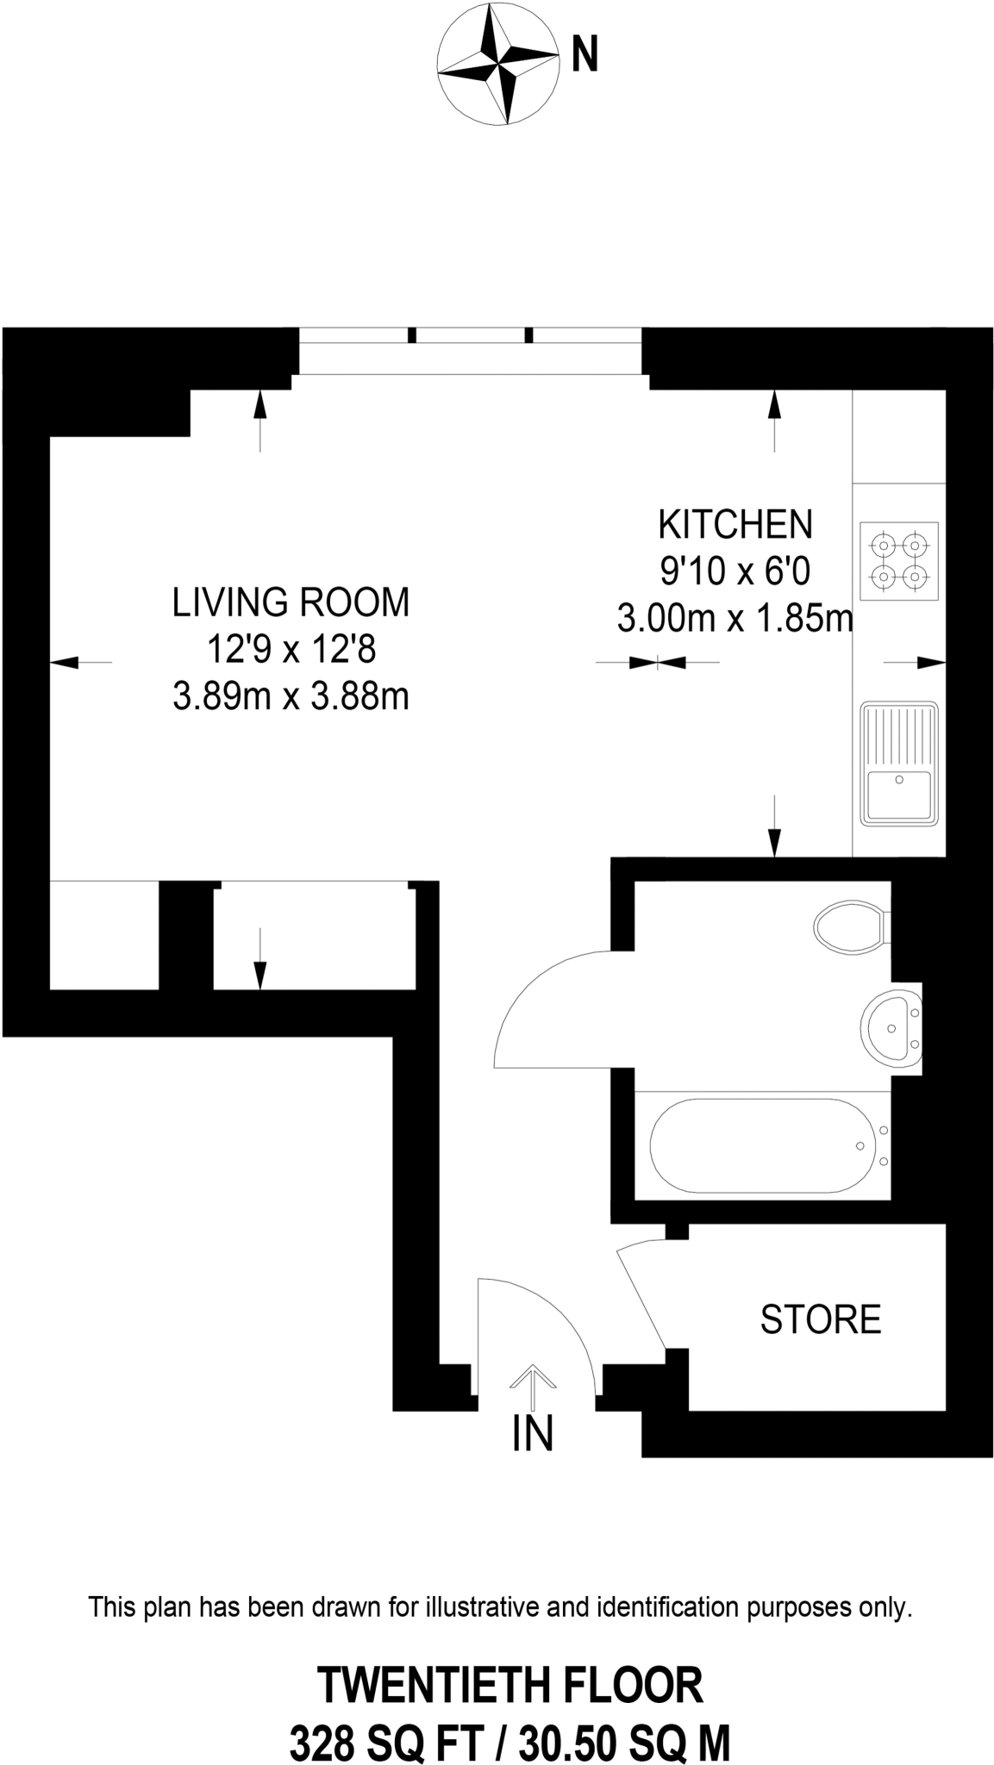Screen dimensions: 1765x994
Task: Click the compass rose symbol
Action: click(x=498, y=65)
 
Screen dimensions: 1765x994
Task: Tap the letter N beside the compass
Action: click(x=585, y=57)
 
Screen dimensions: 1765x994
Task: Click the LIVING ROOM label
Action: click(x=291, y=602)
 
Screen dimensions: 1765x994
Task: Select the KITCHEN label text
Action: click(x=735, y=524)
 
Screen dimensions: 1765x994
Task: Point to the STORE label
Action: click(x=820, y=1319)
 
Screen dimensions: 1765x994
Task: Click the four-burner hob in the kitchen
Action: click(x=899, y=560)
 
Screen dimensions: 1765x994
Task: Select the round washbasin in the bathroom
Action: click(x=891, y=1028)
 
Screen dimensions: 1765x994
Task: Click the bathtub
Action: click(x=763, y=1145)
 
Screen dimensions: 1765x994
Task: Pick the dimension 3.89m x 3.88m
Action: click(x=291, y=695)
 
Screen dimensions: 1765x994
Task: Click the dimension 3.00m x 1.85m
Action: click(x=735, y=618)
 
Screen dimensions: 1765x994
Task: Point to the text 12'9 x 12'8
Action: click(x=291, y=649)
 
